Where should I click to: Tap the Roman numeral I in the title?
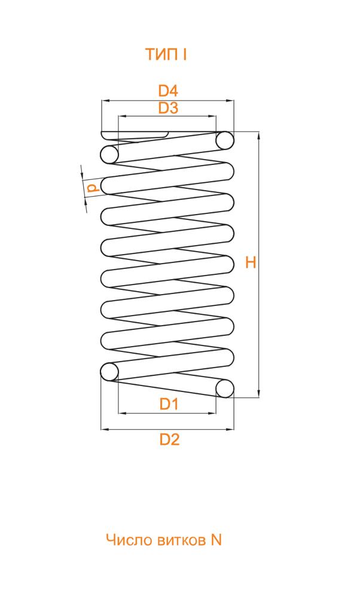coord(184,54)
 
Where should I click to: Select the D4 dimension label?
coord(168,91)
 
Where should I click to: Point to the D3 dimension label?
coord(168,108)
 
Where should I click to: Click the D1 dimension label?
coord(169,404)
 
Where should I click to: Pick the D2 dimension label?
coord(169,439)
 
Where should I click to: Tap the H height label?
coord(251,263)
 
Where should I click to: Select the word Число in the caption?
coord(128,540)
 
